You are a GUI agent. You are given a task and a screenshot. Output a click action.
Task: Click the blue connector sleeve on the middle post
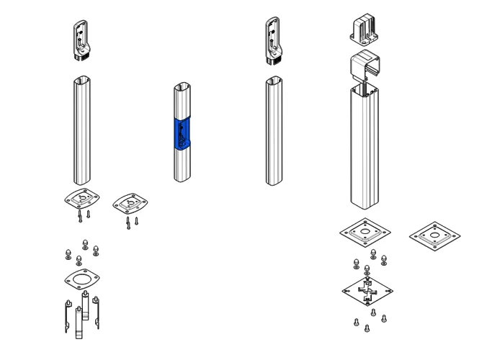tap(181, 133)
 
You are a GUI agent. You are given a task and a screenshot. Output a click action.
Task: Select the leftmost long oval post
tap(81, 132)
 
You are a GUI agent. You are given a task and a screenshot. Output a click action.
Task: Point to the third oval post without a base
tap(273, 132)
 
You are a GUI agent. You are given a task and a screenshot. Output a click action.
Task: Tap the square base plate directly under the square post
tap(365, 233)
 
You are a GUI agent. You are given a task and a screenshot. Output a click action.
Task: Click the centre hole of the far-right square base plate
tap(434, 235)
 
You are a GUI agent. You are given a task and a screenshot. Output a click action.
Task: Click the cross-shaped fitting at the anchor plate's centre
tap(367, 291)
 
